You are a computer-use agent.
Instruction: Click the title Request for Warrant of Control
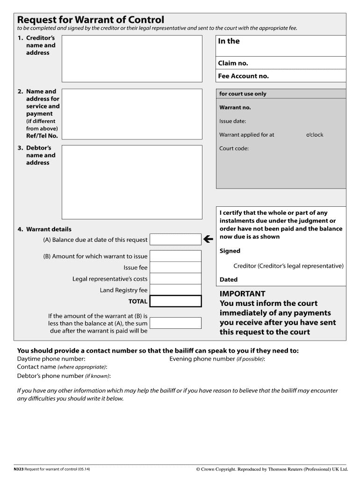91,20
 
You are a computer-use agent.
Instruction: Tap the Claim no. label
233,63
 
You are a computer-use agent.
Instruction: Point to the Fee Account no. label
243,76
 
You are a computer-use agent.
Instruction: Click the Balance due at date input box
175,239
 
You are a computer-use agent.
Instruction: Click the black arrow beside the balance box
209,239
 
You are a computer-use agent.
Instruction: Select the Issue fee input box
175,268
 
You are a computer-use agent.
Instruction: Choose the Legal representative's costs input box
175,279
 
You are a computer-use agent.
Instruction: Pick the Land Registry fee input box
175,290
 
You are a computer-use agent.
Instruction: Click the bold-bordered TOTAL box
175,301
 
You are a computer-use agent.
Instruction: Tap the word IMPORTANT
242,294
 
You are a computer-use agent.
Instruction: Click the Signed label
230,251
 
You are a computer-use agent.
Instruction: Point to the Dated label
229,280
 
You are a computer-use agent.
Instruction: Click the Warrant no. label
235,108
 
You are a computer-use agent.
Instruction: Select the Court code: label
234,149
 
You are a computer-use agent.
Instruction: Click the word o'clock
315,135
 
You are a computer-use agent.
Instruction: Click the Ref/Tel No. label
42,136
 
